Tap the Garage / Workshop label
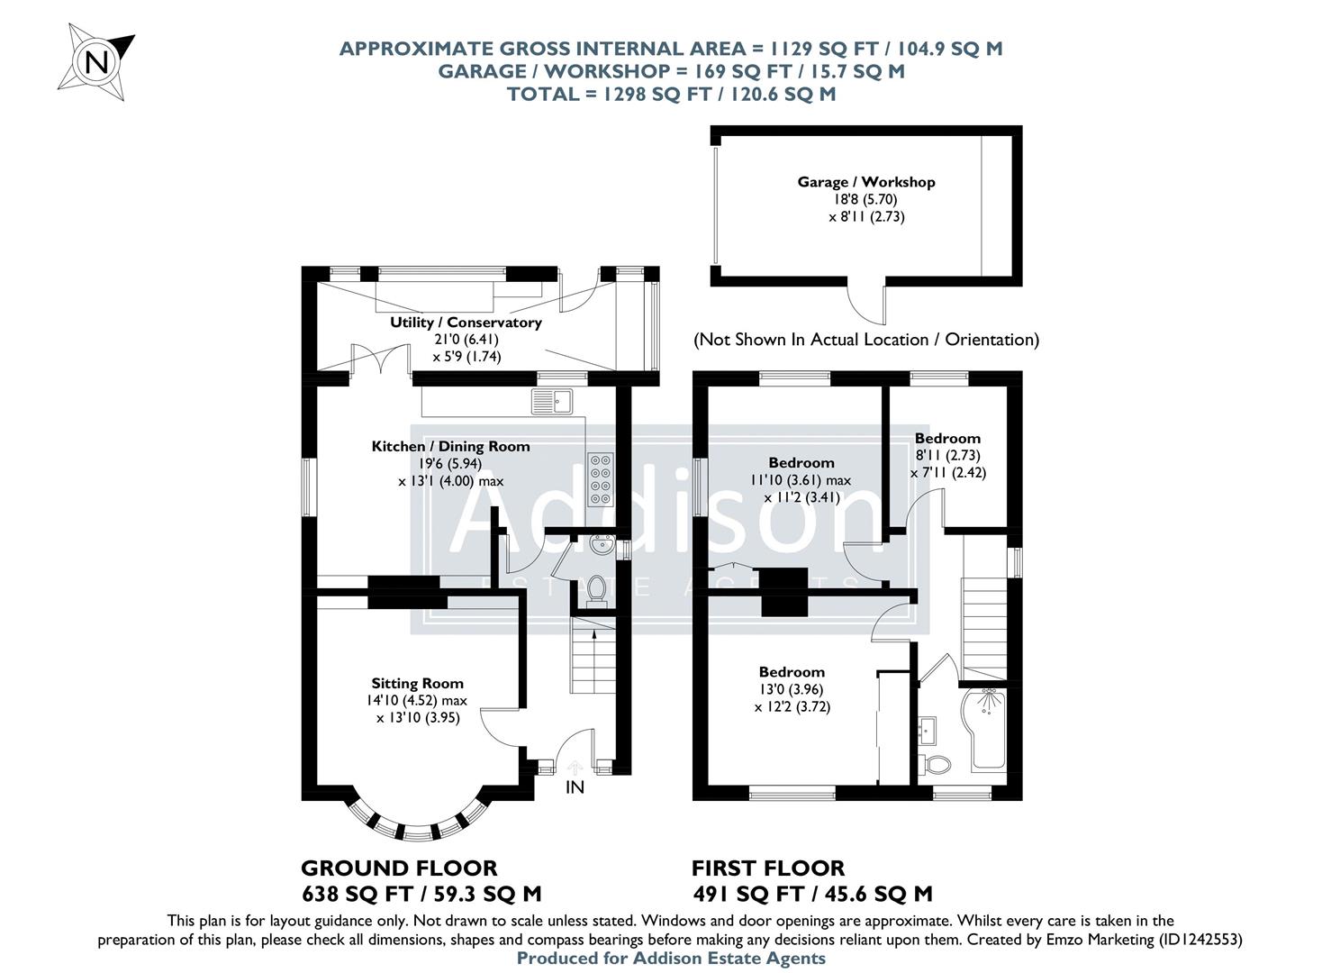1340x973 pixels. point(865,182)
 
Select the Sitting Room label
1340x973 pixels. point(417,683)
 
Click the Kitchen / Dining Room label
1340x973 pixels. point(450,446)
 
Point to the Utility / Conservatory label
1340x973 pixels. point(466,323)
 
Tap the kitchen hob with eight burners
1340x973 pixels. point(600,478)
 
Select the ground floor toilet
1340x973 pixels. point(594,588)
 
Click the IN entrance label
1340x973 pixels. point(575,787)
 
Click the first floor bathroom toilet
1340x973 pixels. point(937,766)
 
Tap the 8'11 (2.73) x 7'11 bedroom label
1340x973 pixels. point(947,456)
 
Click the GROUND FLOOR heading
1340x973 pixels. point(399,868)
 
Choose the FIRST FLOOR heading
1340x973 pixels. point(768,868)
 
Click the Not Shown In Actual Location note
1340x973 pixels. point(865,340)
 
